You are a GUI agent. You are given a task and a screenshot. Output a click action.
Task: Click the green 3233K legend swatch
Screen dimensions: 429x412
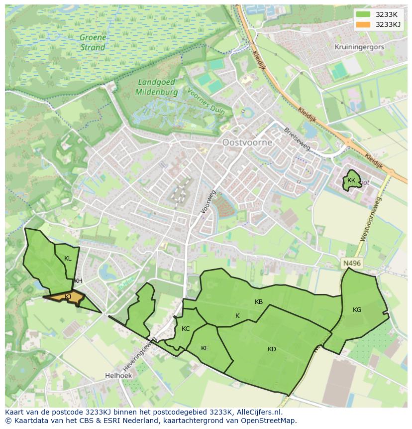364,14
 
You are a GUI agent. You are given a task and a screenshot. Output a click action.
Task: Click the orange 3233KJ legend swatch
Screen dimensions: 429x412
364,24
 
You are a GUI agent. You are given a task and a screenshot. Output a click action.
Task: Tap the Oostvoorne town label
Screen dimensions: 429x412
247,143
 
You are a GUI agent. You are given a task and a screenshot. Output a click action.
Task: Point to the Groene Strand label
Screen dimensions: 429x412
93,43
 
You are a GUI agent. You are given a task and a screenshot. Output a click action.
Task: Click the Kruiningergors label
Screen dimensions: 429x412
360,47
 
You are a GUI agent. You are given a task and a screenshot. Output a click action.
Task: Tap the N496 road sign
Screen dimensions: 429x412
351,264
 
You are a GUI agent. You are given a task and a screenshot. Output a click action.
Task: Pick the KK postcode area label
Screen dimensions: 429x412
351,180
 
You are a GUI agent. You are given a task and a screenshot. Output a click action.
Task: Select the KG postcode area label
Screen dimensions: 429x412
357,310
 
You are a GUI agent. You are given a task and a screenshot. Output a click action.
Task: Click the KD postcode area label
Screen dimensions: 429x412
272,349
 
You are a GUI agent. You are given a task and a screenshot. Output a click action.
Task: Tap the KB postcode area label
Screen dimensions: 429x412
259,302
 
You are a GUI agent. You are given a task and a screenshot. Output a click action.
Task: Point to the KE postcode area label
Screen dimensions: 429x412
205,348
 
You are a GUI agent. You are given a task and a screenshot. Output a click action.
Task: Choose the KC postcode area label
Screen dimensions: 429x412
186,329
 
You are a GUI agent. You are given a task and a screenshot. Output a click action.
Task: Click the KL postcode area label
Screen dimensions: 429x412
68,259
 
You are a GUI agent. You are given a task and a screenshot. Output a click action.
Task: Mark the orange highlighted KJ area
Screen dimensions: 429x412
68,297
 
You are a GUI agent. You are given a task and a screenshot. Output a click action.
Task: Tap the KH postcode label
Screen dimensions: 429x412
78,281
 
